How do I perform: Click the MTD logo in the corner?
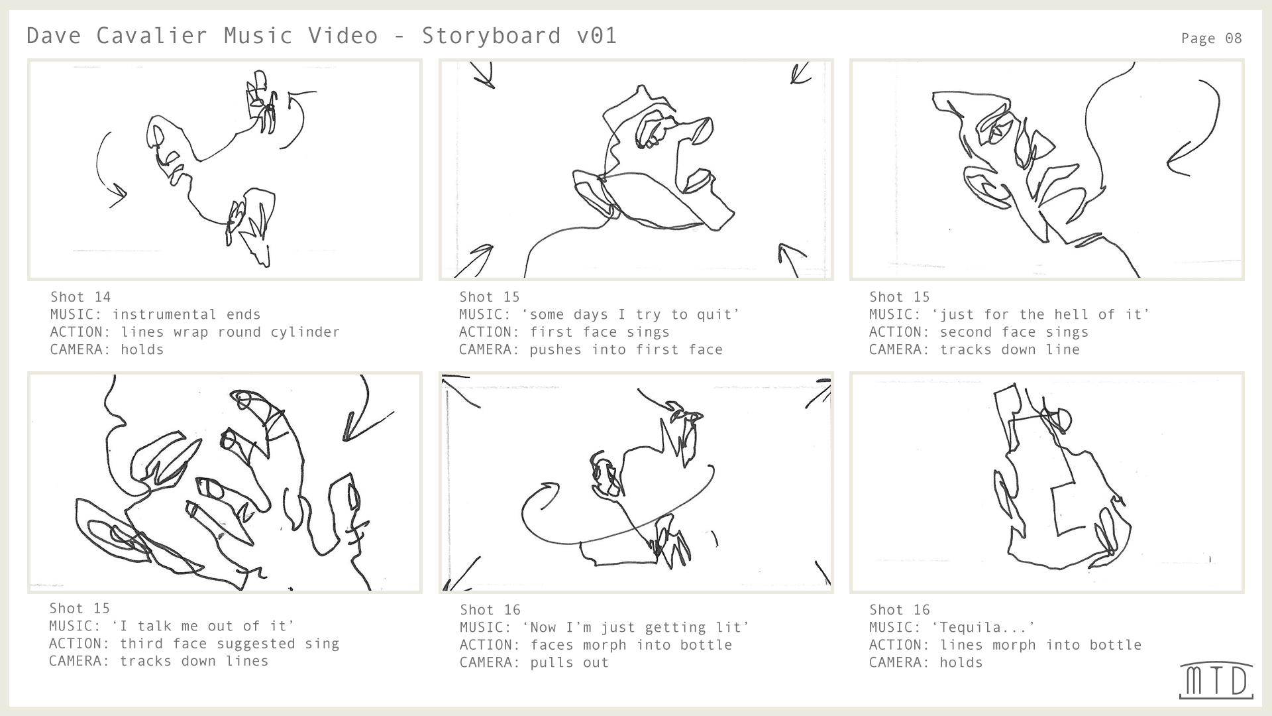pyautogui.click(x=1216, y=680)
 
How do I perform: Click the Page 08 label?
pyautogui.click(x=1211, y=38)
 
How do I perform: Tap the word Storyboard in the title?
pyautogui.click(x=491, y=35)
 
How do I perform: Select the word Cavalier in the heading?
pyautogui.click(x=152, y=35)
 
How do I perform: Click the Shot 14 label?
pyautogui.click(x=80, y=297)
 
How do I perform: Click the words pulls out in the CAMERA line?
pyautogui.click(x=569, y=662)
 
